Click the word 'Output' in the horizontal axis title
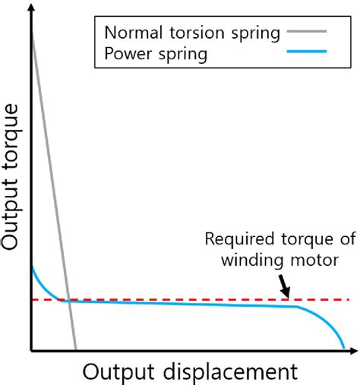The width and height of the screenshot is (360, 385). tap(112, 371)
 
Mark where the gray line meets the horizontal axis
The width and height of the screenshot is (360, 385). tap(74, 350)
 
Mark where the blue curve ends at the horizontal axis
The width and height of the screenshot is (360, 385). tap(344, 349)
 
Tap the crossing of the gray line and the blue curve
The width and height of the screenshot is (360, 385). tap(67, 301)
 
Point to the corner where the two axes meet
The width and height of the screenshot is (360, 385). tap(30, 351)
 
